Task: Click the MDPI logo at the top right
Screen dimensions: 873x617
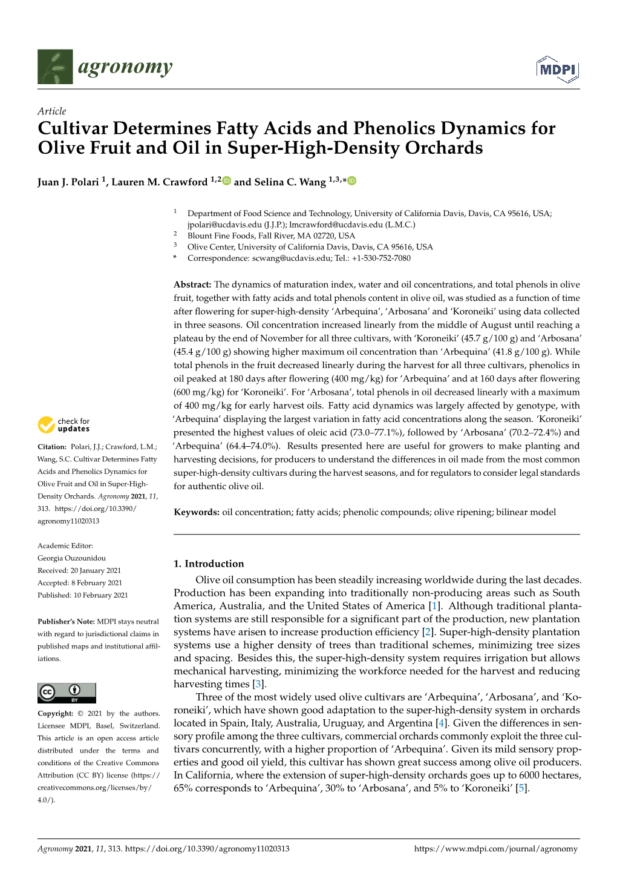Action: [x=557, y=68]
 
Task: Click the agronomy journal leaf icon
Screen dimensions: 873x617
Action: [x=55, y=67]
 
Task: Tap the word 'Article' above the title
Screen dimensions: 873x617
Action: [x=51, y=111]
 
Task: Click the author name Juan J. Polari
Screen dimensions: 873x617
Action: [x=68, y=182]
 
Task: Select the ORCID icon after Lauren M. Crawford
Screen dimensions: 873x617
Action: [x=227, y=180]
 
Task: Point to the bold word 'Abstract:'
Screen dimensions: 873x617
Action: [x=192, y=285]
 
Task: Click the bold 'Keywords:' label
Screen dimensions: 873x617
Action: [x=196, y=512]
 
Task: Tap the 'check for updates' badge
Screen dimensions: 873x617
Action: [x=64, y=425]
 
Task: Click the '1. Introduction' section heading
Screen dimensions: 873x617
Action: [x=209, y=564]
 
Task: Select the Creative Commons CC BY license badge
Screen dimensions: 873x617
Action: [x=67, y=693]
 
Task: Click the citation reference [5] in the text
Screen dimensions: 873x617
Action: [x=521, y=788]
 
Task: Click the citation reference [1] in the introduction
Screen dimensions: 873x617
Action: [x=434, y=606]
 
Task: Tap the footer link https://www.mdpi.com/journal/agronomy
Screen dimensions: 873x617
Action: [x=496, y=849]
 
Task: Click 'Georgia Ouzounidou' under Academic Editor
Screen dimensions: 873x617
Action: [x=71, y=558]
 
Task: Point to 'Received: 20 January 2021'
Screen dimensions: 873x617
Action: [x=79, y=570]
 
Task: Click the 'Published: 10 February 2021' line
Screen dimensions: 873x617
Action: [x=83, y=595]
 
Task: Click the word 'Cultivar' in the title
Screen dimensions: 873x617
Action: [x=73, y=128]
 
